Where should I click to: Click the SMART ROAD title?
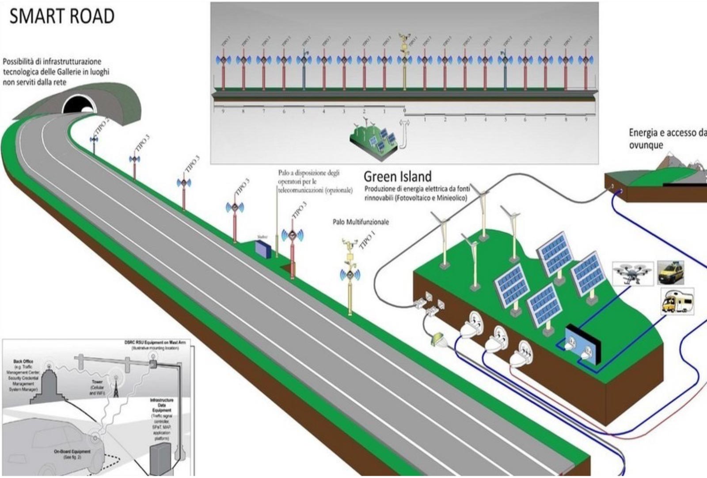62,16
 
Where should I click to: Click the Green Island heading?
397,177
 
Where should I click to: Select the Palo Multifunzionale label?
361,222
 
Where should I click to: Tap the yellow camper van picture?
677,301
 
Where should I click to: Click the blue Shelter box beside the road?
262,249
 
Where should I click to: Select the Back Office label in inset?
23,362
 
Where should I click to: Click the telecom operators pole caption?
315,181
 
